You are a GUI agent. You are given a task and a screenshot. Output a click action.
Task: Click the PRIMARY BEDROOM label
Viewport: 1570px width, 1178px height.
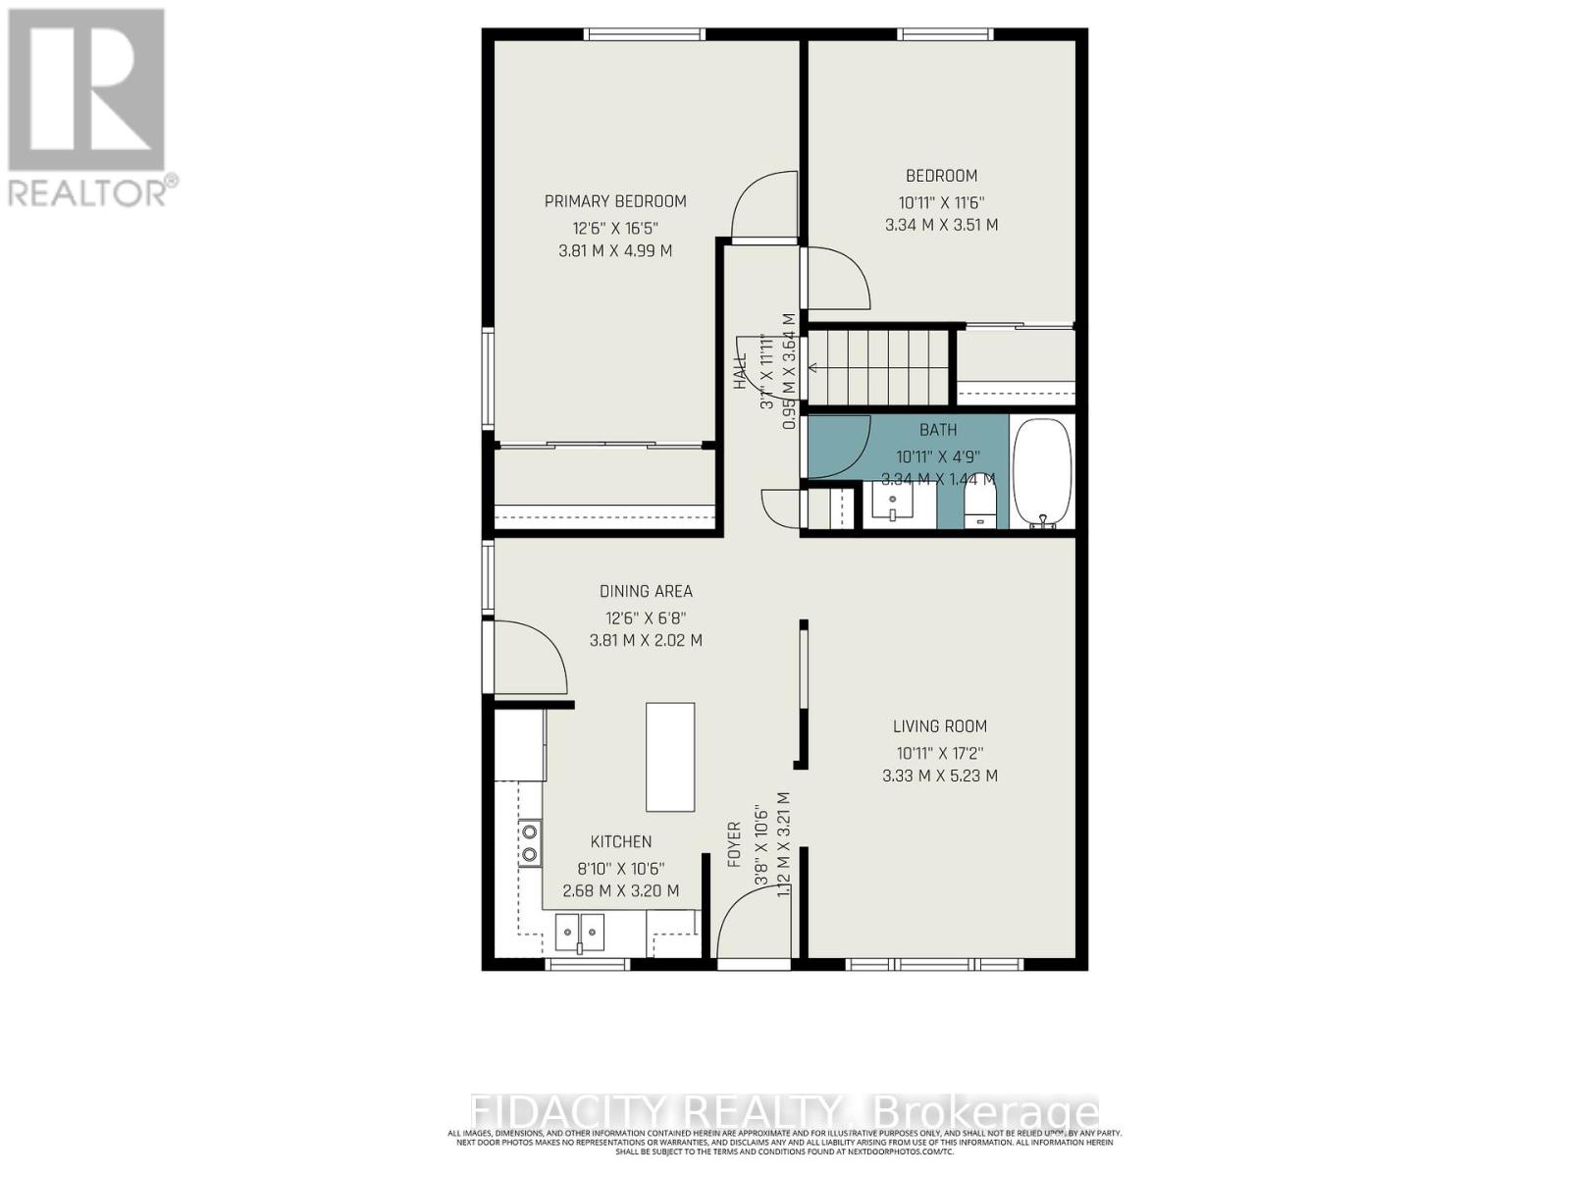click(x=615, y=201)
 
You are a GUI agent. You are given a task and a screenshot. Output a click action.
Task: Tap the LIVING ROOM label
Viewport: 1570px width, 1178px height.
click(x=939, y=726)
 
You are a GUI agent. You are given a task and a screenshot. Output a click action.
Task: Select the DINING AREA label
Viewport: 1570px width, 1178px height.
click(x=646, y=591)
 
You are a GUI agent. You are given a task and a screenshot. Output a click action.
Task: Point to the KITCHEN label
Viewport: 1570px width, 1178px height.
click(x=620, y=841)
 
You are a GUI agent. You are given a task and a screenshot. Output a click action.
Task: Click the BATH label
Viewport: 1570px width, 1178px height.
click(x=938, y=430)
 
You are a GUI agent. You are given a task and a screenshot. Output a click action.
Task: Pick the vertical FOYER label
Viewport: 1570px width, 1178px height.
click(x=733, y=844)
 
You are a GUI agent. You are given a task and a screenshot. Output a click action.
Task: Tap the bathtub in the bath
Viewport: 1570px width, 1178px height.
click(x=1042, y=473)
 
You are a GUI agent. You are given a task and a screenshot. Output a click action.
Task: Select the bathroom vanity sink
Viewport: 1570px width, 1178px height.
click(x=893, y=506)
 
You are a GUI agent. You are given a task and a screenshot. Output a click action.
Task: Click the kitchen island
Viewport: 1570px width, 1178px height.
click(x=670, y=756)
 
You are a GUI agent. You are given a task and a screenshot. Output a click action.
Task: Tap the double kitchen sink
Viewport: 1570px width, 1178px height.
click(x=580, y=932)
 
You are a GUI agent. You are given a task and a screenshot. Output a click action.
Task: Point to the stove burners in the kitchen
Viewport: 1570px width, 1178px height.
click(x=530, y=842)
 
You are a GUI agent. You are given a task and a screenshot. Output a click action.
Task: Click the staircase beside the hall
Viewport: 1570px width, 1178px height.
click(x=877, y=367)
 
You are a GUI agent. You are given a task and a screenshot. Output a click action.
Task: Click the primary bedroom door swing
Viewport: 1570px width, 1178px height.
click(x=763, y=207)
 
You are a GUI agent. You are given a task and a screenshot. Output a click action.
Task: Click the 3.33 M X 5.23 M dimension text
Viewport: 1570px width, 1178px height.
click(x=939, y=776)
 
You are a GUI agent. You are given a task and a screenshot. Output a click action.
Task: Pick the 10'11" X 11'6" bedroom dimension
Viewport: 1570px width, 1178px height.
click(x=940, y=202)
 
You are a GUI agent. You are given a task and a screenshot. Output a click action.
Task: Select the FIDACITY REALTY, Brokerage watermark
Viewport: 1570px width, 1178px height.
click(x=785, y=1112)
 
